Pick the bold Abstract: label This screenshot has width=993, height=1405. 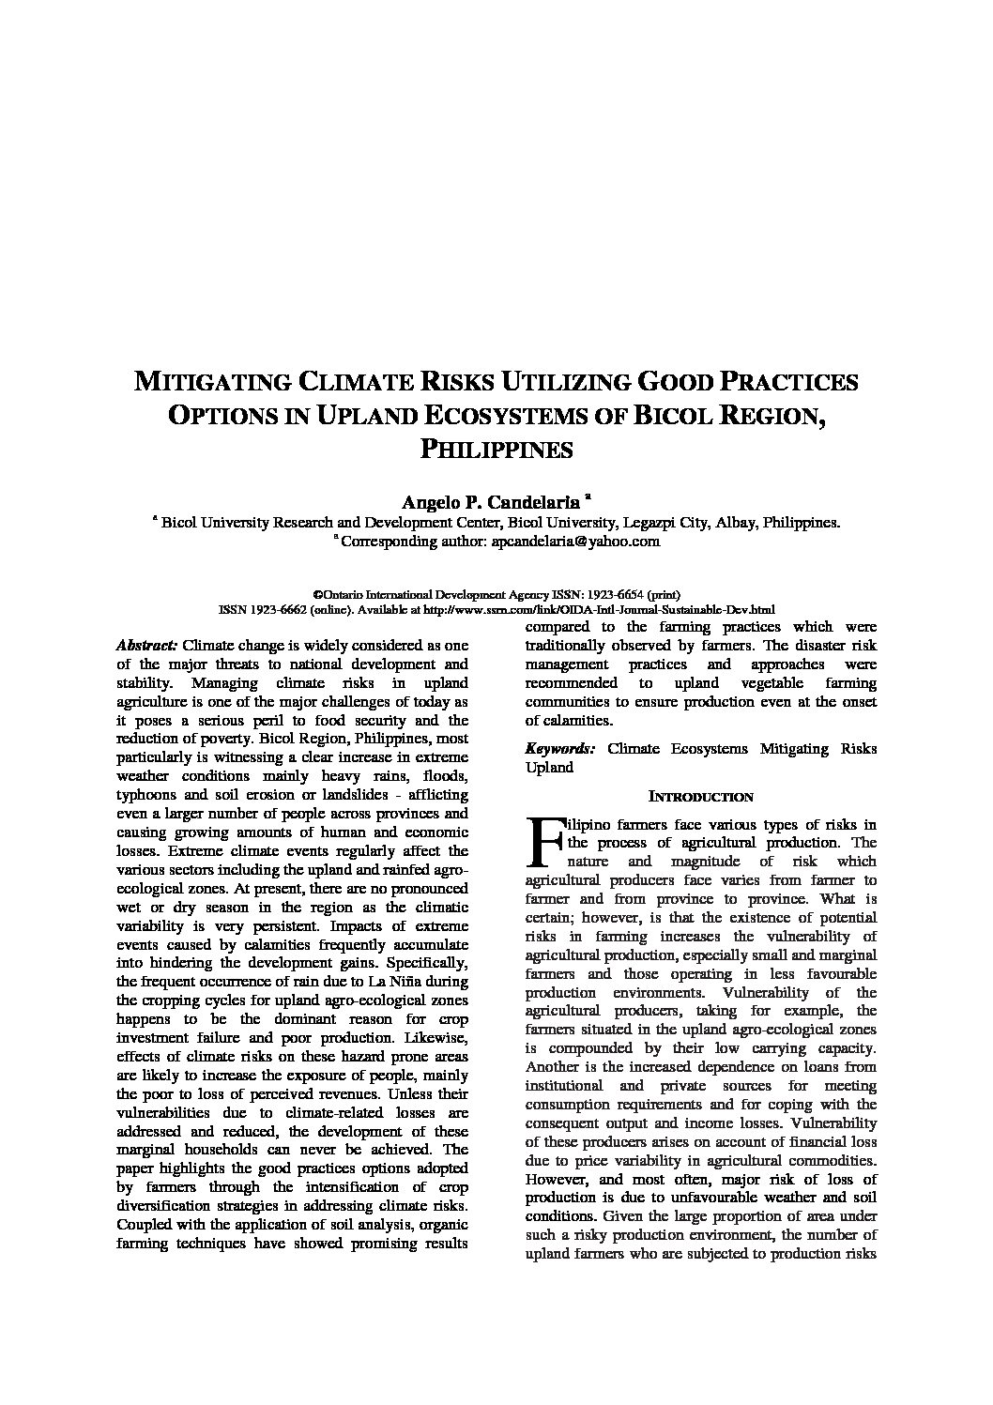click(x=146, y=646)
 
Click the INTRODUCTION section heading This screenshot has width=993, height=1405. click(x=701, y=797)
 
